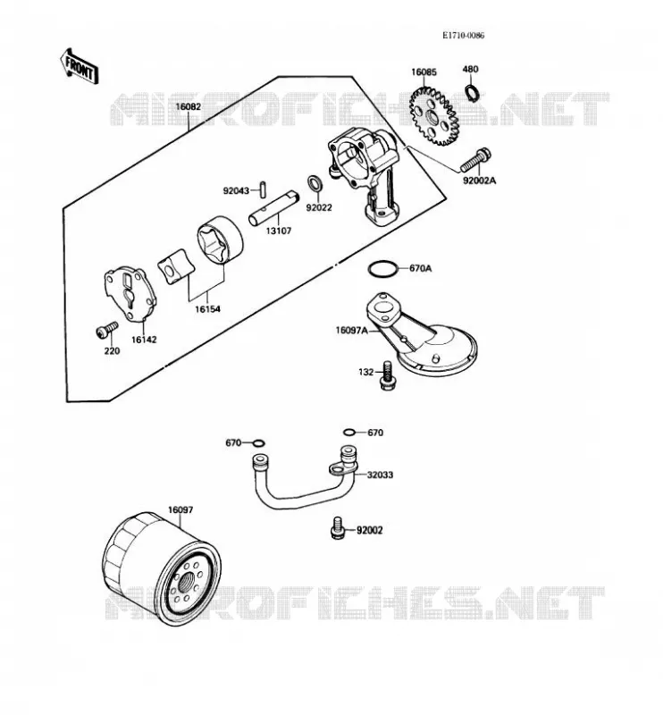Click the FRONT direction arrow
click(x=79, y=66)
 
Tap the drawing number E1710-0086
click(x=463, y=36)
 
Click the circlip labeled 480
click(x=472, y=93)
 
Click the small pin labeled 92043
click(x=263, y=189)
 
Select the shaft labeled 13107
click(x=274, y=208)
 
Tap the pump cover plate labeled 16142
click(x=130, y=294)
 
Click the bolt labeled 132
click(x=388, y=374)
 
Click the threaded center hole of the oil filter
click(x=188, y=583)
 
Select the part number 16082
click(x=189, y=106)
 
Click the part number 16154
click(x=207, y=309)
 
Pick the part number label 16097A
click(x=351, y=330)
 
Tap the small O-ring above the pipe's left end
click(x=258, y=443)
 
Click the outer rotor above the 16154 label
click(x=220, y=240)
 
